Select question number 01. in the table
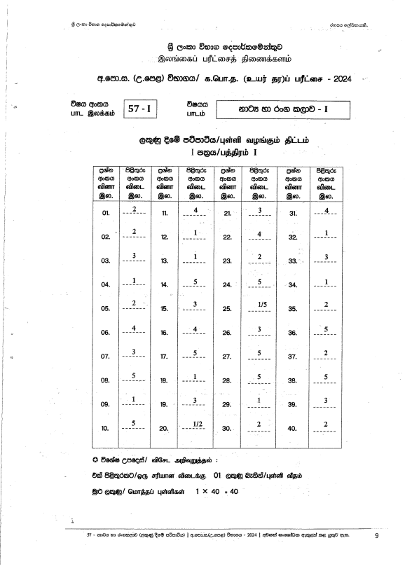(x=107, y=212)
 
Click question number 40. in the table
(x=293, y=428)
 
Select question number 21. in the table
(x=227, y=212)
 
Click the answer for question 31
(x=327, y=211)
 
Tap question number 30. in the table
(x=227, y=428)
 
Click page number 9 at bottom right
(x=376, y=536)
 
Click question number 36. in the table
(x=293, y=332)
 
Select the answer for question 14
(x=197, y=282)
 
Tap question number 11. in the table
(x=165, y=212)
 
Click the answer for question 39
(x=326, y=400)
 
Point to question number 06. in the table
(x=107, y=332)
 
